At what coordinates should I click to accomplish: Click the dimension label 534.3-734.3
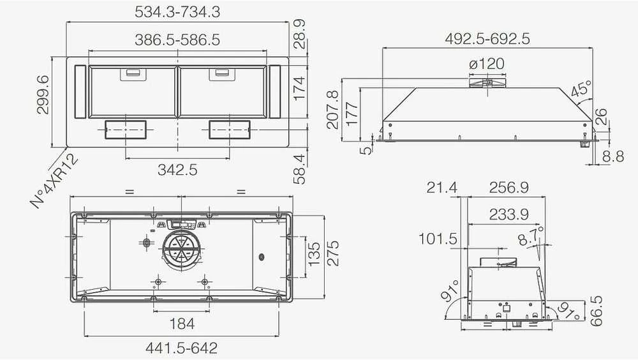pos(177,11)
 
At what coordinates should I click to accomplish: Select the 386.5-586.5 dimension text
pos(177,40)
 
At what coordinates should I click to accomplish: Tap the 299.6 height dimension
pos(43,95)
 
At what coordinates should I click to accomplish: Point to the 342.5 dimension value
pos(177,169)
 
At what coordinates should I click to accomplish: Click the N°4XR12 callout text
pos(54,181)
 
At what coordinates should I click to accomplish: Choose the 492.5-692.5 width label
pos(487,39)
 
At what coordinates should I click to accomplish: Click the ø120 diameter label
pos(487,64)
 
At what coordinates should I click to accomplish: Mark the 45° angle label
pos(581,89)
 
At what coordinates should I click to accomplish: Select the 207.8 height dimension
pos(333,110)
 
